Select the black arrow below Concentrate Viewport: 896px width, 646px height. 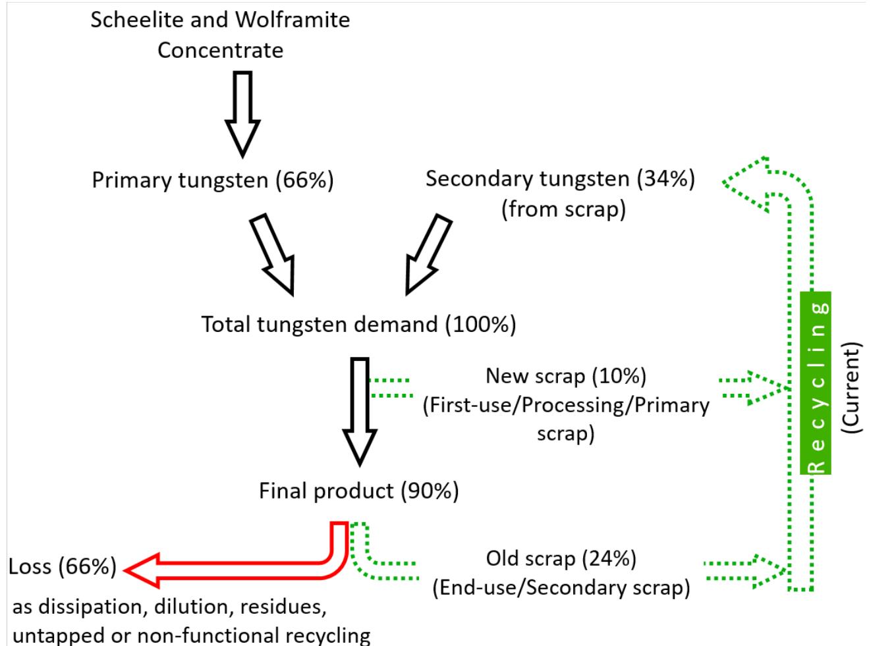(242, 115)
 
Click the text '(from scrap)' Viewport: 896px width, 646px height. (563, 209)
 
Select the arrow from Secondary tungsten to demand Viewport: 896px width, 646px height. (428, 254)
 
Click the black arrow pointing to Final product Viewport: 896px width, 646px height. (360, 412)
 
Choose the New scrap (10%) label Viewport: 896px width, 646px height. (566, 376)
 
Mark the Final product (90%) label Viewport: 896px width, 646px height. (358, 491)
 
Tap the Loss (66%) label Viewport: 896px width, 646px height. (63, 566)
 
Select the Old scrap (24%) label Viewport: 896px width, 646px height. (561, 558)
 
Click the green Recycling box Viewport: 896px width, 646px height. (815, 383)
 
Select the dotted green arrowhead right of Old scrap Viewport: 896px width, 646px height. (771, 569)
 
